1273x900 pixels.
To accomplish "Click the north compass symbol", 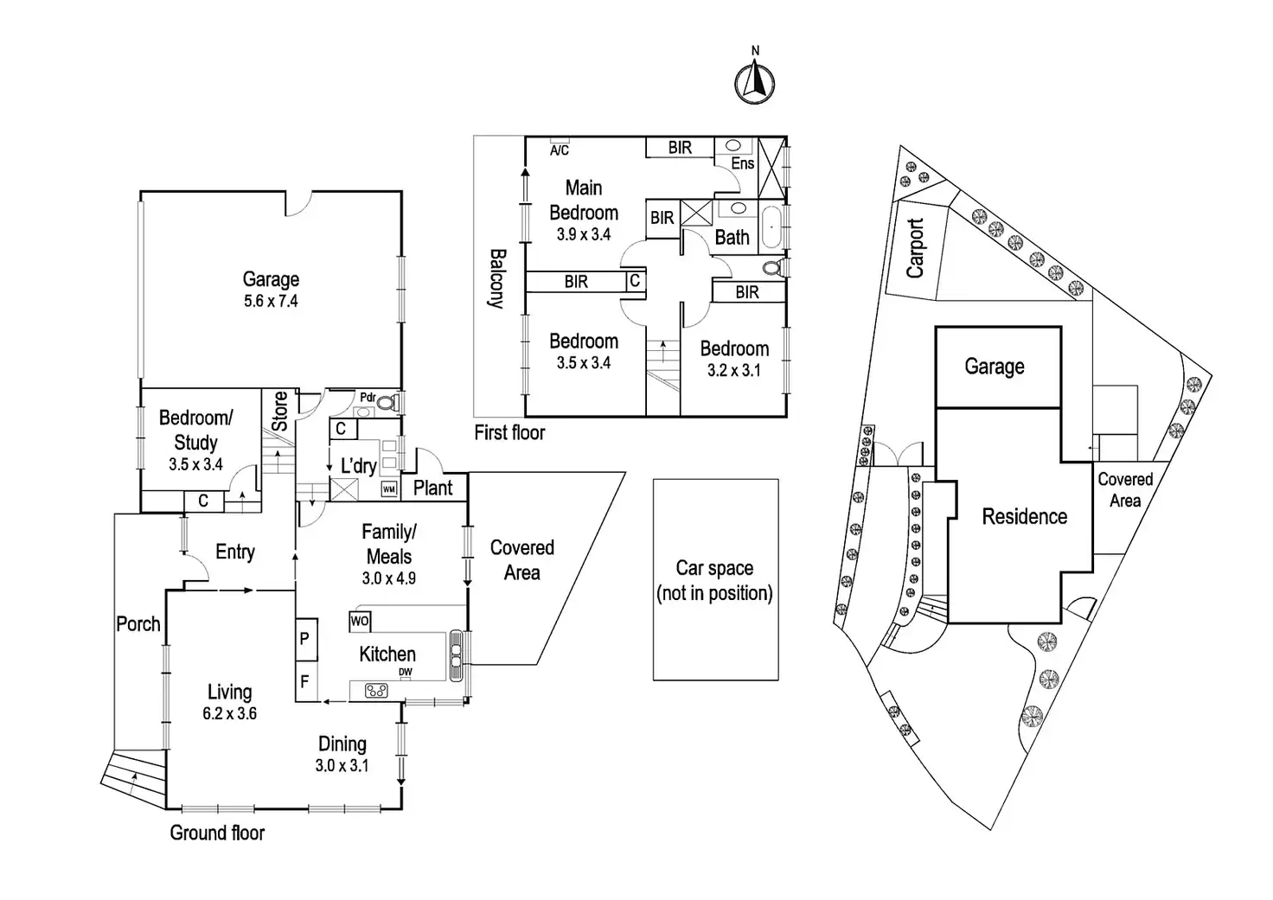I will (754, 82).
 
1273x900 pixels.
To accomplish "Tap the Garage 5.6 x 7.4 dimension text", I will (271, 302).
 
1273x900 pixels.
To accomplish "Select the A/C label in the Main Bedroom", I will (560, 150).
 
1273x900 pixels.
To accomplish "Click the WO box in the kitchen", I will (360, 621).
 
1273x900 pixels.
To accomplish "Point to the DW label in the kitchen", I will (406, 672).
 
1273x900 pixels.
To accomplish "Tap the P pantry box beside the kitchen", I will (305, 639).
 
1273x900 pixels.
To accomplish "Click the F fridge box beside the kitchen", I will (305, 681).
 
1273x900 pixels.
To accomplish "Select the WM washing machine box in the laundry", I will (389, 489).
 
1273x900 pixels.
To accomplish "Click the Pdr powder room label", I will (368, 398).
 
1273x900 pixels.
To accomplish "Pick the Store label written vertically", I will (279, 412).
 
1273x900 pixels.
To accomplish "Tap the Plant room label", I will (433, 488).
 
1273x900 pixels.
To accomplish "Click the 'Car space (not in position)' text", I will (714, 581).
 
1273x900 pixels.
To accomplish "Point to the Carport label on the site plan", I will (916, 248).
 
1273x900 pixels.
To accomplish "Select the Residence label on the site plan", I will (1024, 517).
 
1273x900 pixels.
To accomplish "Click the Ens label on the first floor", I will (743, 163).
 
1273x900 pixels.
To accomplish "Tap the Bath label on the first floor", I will (732, 238).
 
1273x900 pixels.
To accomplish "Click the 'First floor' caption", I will (509, 432).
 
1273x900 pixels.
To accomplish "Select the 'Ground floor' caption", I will (217, 833).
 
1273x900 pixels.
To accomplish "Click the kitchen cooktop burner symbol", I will (376, 690).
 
